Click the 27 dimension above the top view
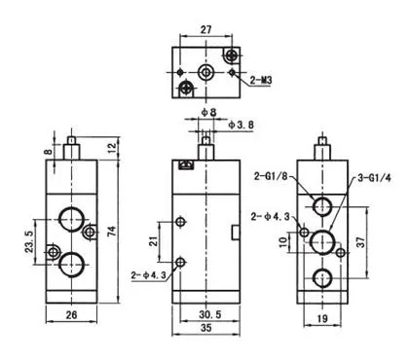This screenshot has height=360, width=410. point(205,29)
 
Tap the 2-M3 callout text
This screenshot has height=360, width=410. point(261,80)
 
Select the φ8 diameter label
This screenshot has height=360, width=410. point(208,112)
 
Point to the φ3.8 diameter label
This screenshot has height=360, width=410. point(241,125)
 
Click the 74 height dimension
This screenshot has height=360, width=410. point(111,231)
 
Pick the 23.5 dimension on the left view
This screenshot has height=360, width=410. point(29,241)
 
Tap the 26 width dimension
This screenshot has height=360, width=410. point(71,314)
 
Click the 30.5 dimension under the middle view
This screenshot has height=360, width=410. point(209,314)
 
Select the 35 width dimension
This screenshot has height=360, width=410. point(205,328)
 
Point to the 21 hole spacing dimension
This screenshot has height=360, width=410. point(153,240)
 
